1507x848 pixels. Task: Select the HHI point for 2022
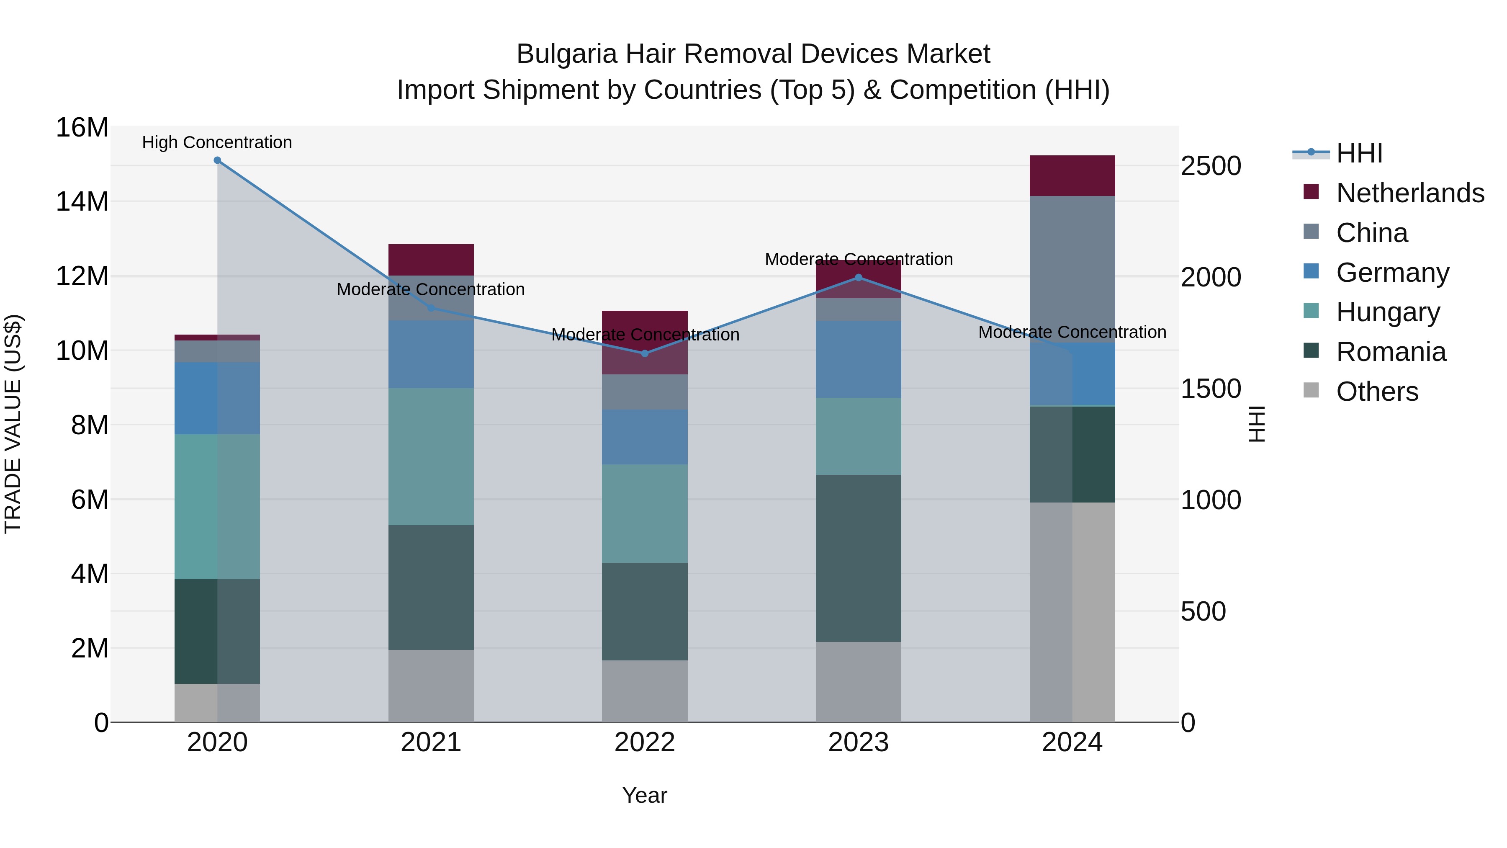tap(645, 353)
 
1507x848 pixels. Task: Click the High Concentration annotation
tap(217, 142)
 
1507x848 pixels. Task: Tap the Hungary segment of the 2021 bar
tap(431, 456)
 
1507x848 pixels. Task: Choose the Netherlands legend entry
tap(1410, 193)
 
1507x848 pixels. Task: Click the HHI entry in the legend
tap(1359, 153)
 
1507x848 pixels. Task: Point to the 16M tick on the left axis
tap(82, 128)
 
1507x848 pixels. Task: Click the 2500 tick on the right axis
tap(1210, 166)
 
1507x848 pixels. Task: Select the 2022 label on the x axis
tap(645, 742)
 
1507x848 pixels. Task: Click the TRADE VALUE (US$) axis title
tap(13, 424)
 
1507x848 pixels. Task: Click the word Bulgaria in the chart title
tap(566, 54)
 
